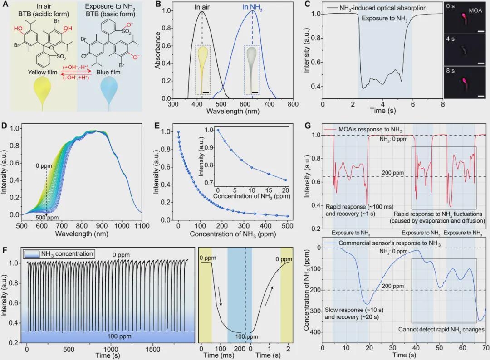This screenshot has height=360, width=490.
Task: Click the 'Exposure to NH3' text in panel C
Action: [385, 19]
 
